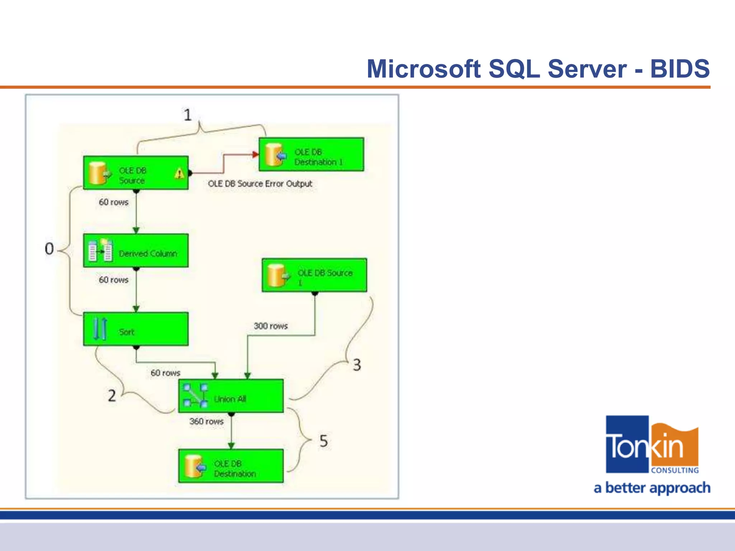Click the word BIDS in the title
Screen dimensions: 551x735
click(x=680, y=69)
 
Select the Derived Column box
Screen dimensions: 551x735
click(x=136, y=250)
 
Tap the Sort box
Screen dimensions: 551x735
click(x=136, y=329)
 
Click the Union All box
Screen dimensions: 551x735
click(x=231, y=396)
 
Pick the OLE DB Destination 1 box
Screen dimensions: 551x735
click(x=311, y=154)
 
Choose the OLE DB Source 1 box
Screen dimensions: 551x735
click(x=314, y=275)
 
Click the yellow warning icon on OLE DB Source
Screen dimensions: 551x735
click(x=179, y=174)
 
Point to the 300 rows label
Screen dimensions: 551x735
click(x=271, y=326)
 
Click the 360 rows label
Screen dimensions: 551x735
click(x=206, y=422)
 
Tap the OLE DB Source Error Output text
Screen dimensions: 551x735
click(x=260, y=184)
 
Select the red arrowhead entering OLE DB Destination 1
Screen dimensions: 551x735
click(x=256, y=155)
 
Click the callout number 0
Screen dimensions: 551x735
click(x=49, y=249)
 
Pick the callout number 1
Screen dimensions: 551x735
click(x=187, y=115)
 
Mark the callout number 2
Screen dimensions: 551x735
click(x=112, y=396)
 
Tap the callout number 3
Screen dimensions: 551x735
click(x=357, y=365)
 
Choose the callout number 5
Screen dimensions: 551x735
click(x=323, y=441)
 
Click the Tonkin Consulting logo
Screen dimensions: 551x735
click(x=652, y=445)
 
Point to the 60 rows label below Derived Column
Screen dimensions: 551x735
click(x=113, y=280)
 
